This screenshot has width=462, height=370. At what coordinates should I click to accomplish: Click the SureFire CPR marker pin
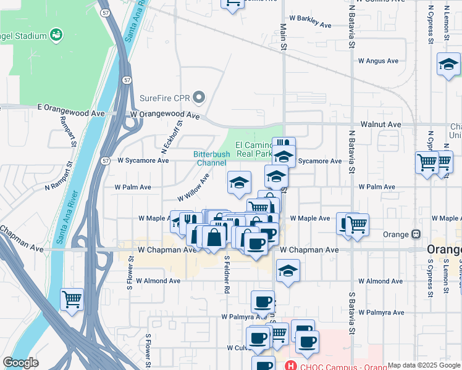pyautogui.click(x=198, y=97)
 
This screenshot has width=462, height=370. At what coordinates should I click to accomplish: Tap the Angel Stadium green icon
pyautogui.click(x=56, y=35)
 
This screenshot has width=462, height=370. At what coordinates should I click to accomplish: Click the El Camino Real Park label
pyautogui.click(x=254, y=149)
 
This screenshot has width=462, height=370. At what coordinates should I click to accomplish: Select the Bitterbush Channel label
pyautogui.click(x=211, y=158)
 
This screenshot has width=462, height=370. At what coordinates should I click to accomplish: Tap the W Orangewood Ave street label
pyautogui.click(x=165, y=115)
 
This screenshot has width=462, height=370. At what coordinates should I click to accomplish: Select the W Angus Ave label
pyautogui.click(x=378, y=61)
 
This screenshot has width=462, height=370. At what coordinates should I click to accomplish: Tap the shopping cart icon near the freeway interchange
pyautogui.click(x=72, y=300)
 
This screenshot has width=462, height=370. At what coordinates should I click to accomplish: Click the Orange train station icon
pyautogui.click(x=416, y=234)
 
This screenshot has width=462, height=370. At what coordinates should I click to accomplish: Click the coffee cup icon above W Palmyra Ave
pyautogui.click(x=262, y=302)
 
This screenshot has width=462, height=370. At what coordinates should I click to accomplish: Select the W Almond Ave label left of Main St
pyautogui.click(x=158, y=281)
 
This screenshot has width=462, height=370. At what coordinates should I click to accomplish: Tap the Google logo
pyautogui.click(x=20, y=363)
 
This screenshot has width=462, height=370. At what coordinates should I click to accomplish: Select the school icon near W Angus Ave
pyautogui.click(x=448, y=64)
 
